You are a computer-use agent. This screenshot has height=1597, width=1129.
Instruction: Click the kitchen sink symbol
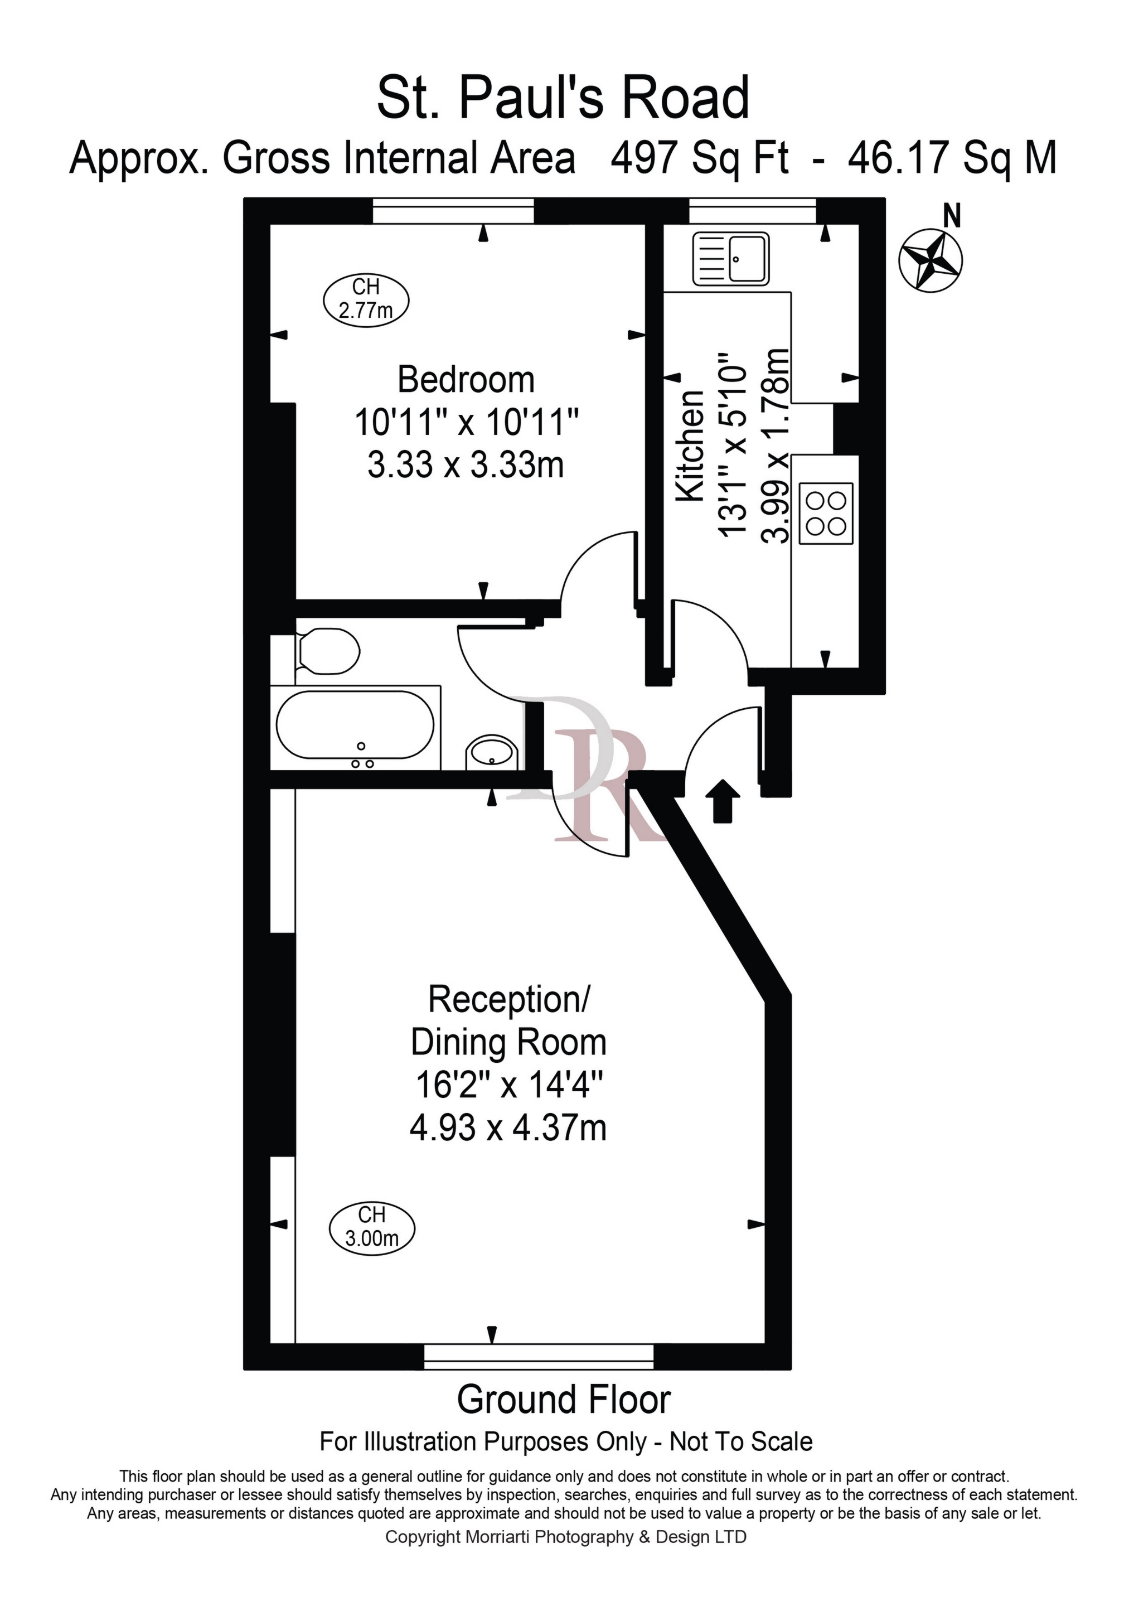tap(730, 259)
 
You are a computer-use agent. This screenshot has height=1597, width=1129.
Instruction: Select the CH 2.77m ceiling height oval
tap(366, 298)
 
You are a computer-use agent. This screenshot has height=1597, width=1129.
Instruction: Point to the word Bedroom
tap(466, 380)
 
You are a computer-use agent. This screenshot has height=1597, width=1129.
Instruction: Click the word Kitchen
tap(691, 446)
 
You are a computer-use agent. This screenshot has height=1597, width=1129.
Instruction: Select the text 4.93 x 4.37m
tap(508, 1128)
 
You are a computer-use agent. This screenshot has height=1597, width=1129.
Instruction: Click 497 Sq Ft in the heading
tap(700, 157)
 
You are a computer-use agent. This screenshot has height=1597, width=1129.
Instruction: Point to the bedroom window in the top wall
tap(453, 211)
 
